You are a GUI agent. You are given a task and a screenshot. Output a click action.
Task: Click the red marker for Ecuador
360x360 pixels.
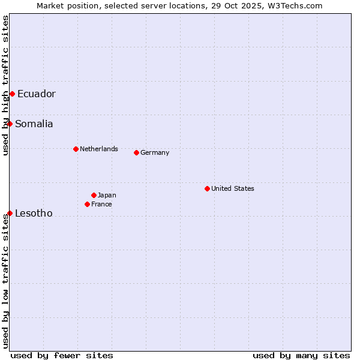coord(12,94)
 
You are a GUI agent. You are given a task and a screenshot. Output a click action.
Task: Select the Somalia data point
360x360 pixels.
coord(10,124)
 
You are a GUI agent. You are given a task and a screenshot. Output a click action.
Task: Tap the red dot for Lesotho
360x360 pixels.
coord(10,213)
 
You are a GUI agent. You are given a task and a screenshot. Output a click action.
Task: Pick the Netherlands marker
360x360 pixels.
coord(76,149)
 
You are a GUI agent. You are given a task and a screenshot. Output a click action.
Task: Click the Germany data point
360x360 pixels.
coord(136,152)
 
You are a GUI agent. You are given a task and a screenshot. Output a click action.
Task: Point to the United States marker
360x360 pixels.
coord(207,188)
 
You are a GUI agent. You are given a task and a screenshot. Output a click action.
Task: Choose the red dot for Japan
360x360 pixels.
coord(94,195)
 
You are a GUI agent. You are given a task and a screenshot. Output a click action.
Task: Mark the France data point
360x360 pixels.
coord(87,204)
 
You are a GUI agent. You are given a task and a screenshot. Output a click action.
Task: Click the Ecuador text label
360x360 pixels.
coord(36,94)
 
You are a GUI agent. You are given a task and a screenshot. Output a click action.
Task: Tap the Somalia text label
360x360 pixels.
coord(34,124)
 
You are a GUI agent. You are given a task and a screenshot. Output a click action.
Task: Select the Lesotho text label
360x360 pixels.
coord(34,213)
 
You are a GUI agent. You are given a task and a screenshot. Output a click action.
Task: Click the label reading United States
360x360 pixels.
coord(233,188)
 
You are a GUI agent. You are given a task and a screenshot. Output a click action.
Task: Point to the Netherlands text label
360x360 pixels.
coord(99,149)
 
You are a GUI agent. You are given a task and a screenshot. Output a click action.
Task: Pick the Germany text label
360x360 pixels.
coord(155,152)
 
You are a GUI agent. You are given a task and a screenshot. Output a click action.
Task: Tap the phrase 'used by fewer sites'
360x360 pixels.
coord(62,355)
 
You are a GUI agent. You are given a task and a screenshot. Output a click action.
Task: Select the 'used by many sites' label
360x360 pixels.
coord(301,355)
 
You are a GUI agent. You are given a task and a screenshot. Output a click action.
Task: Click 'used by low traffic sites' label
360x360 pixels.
coord(5,281)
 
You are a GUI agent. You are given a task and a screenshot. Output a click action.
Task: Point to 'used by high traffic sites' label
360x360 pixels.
coord(5,85)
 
